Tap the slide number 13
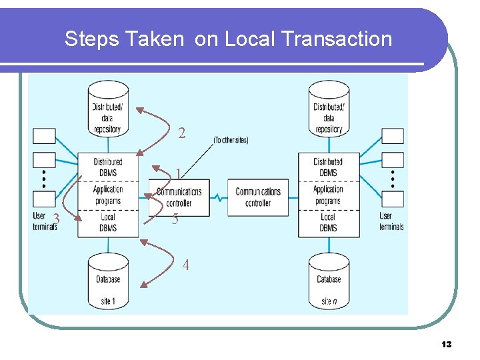(446, 344)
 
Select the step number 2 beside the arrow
(182, 133)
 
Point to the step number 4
(186, 265)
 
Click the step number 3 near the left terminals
(57, 219)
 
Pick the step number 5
(175, 219)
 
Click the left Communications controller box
(179, 197)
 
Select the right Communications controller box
(258, 197)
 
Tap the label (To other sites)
(231, 140)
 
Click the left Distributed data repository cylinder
(107, 110)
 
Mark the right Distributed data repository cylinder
(329, 110)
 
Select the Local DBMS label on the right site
(328, 222)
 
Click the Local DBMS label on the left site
(108, 222)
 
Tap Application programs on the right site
(328, 195)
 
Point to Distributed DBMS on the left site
(108, 167)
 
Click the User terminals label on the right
(391, 221)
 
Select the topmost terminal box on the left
(45, 136)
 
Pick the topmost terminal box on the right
(393, 136)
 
